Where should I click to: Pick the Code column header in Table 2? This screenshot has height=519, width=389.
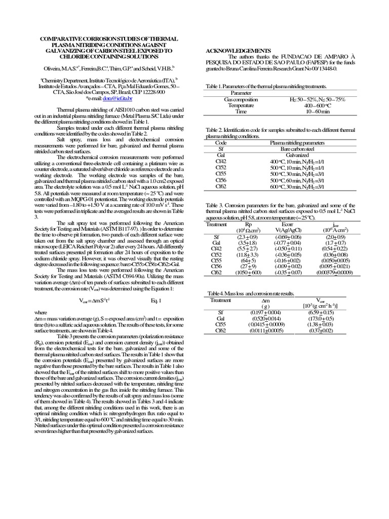click(x=221, y=143)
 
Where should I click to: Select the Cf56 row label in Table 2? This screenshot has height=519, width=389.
click(x=221, y=180)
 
